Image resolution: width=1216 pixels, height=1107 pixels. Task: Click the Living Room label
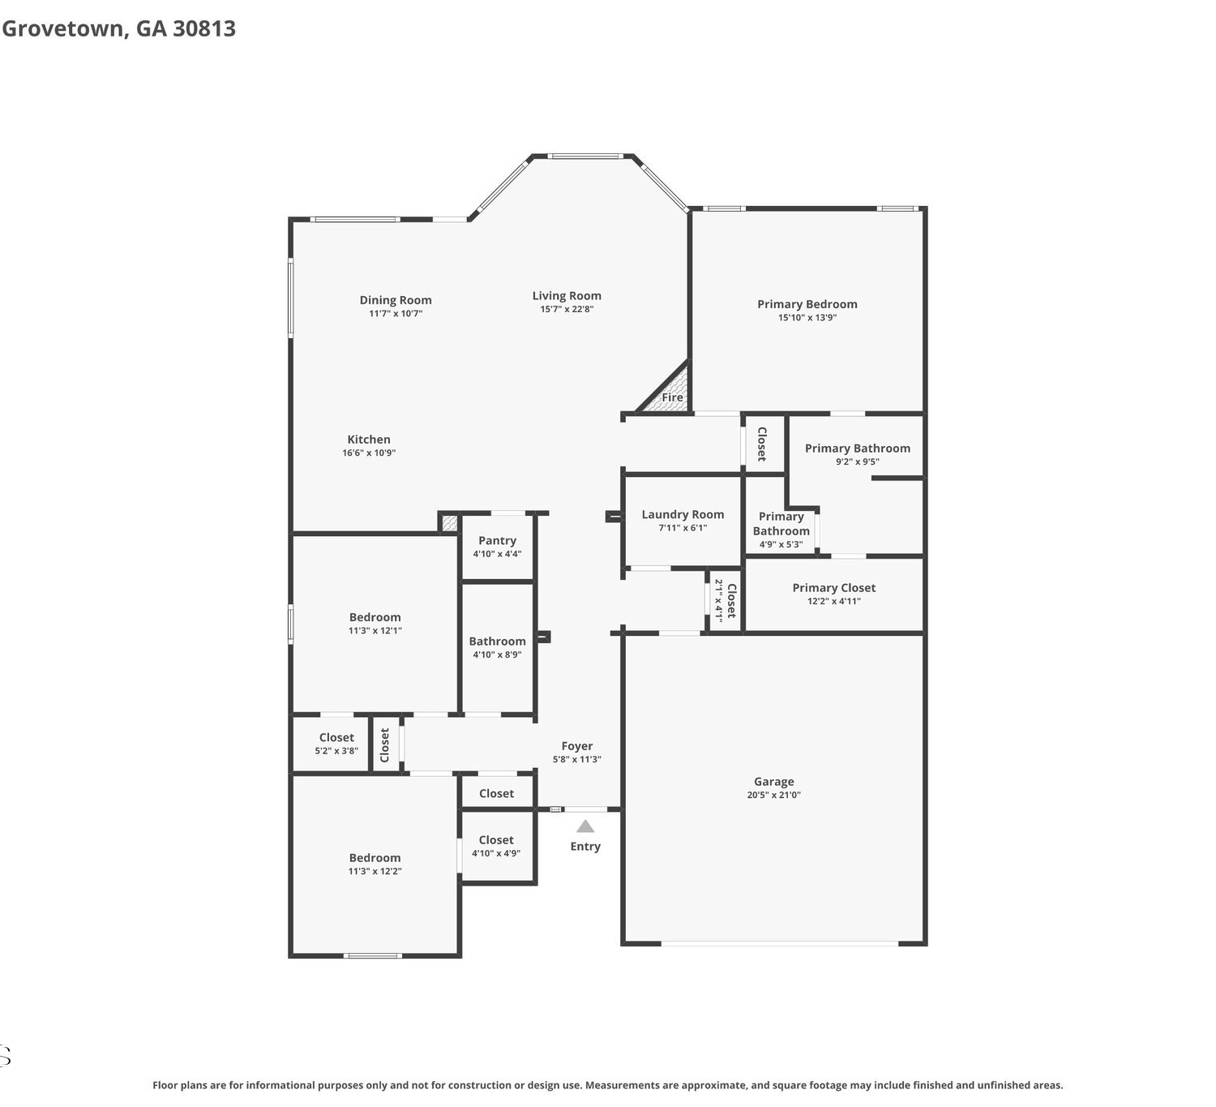(566, 295)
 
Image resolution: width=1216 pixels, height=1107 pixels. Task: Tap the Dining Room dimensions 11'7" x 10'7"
(396, 313)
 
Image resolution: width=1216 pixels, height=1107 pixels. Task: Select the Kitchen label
(369, 440)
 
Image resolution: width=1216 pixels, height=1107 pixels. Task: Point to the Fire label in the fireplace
(672, 397)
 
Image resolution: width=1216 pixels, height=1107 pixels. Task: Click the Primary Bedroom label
(807, 304)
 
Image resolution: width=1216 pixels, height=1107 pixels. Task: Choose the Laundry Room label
(683, 514)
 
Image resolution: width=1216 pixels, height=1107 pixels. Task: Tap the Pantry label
(497, 540)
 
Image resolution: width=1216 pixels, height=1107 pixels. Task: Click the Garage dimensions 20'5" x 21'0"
(773, 795)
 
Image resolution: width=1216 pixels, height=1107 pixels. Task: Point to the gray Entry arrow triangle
(585, 826)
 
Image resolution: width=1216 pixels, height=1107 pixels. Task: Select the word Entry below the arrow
(585, 846)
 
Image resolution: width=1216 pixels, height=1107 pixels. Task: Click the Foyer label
(576, 746)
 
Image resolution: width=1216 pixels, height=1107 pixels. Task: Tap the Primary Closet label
(833, 588)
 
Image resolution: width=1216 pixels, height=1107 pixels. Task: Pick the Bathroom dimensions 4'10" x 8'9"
(497, 654)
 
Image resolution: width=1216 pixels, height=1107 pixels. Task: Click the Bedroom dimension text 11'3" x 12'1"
(375, 630)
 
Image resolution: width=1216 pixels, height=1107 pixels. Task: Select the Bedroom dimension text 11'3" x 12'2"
(375, 871)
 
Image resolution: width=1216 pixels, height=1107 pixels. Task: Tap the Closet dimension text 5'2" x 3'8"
(336, 751)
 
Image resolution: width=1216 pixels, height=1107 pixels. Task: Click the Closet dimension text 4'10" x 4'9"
(496, 853)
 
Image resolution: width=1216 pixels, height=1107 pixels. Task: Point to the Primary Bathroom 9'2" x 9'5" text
(857, 461)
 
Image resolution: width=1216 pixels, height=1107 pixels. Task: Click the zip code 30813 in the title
(204, 28)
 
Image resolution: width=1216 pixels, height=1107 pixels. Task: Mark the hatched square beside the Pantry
(449, 523)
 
